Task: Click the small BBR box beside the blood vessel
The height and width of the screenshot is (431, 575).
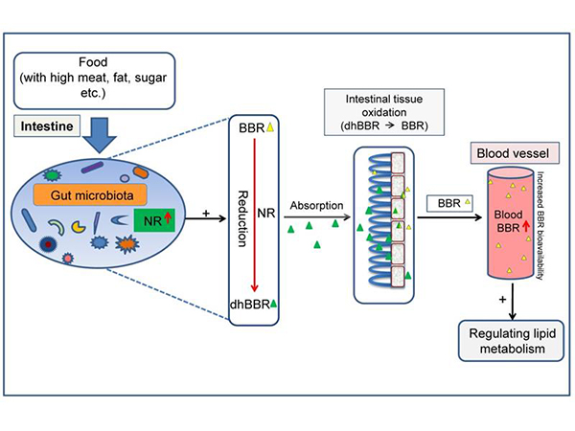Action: pos(454,203)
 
